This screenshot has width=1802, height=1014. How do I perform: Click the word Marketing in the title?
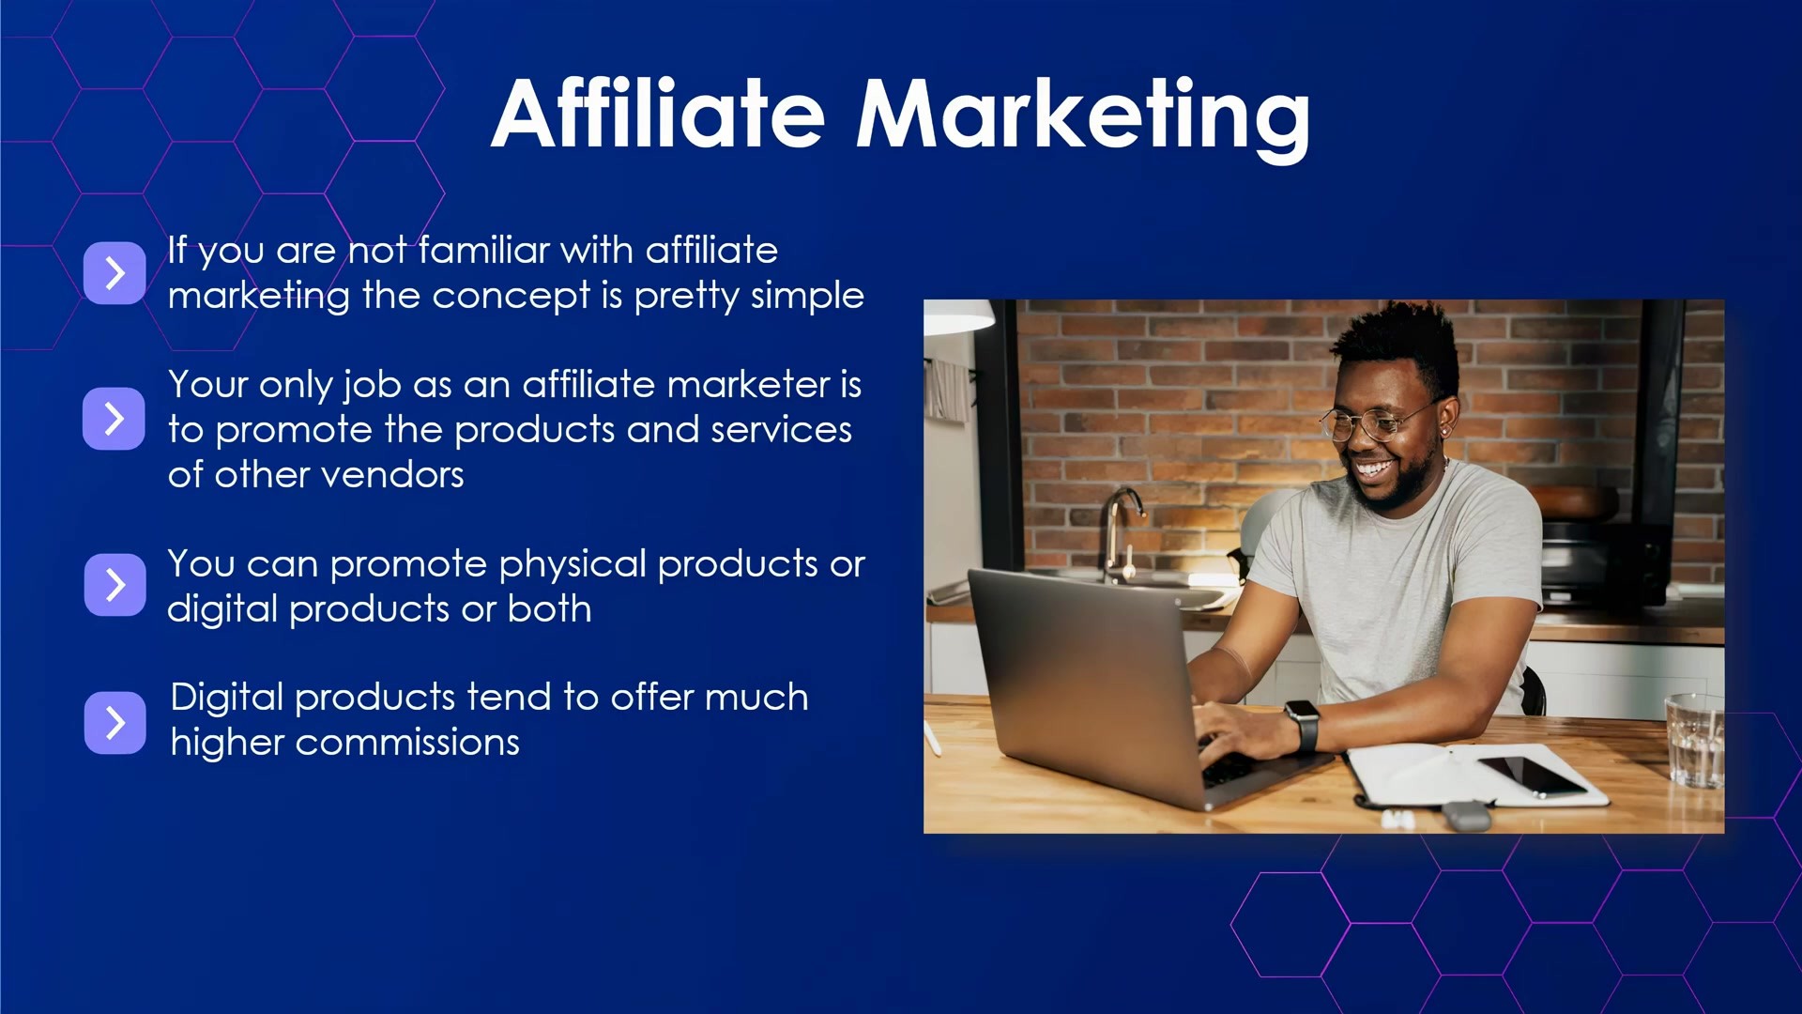1083,119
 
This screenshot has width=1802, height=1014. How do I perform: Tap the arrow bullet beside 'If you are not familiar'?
115,272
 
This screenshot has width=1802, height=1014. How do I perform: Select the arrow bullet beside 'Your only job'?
115,418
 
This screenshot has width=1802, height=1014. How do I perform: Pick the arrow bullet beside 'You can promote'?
115,584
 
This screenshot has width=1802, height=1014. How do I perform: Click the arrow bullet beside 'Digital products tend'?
115,722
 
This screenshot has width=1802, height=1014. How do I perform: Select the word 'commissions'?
407,743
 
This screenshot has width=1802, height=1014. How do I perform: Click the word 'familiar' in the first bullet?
484,250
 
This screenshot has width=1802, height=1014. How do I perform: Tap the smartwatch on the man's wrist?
1303,725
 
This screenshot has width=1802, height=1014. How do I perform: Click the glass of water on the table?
1694,740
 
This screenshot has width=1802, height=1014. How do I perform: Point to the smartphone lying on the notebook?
1532,776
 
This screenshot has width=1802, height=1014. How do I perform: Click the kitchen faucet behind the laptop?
1122,530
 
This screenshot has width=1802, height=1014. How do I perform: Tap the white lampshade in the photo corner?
957,316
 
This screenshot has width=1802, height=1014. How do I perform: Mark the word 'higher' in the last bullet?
227,744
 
